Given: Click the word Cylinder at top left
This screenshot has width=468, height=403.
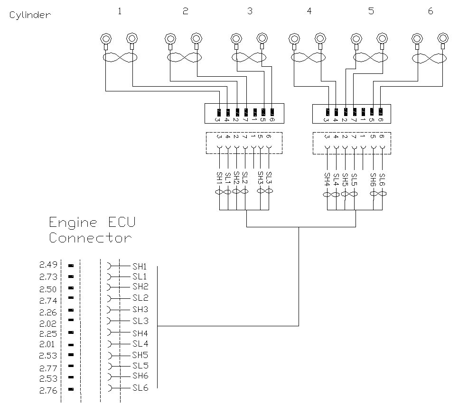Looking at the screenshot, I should (x=29, y=15).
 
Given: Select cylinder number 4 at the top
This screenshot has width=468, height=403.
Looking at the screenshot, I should (x=309, y=11).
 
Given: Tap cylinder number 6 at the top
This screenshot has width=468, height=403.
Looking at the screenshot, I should (x=431, y=11).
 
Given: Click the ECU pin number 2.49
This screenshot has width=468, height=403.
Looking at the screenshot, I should (x=48, y=265).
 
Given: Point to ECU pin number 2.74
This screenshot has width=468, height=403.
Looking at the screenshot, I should (x=48, y=300).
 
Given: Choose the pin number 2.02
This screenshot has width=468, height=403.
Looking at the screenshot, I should (x=48, y=324).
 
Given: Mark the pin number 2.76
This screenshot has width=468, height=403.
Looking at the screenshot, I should (x=48, y=391).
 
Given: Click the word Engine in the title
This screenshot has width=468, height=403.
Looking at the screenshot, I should (x=74, y=223).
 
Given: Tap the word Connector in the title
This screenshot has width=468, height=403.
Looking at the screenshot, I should (x=90, y=238).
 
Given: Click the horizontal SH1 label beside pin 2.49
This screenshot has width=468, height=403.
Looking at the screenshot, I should (x=140, y=266).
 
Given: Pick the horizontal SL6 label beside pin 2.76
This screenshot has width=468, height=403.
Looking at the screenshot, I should (x=140, y=388).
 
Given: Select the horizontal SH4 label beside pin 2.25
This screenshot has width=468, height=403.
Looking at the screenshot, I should (x=140, y=333).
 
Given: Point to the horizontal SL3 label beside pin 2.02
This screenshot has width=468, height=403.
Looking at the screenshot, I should (x=140, y=321).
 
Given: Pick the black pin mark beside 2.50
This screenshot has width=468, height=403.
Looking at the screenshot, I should (x=71, y=288).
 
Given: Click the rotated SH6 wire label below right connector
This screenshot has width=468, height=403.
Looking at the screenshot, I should (x=373, y=179).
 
